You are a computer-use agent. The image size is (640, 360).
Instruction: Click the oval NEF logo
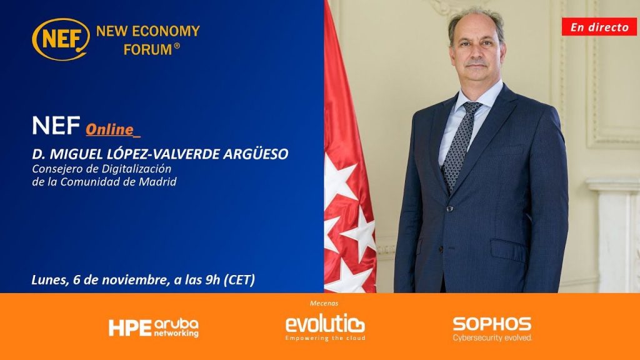click(x=61, y=39)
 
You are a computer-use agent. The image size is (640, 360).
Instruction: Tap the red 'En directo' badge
click(x=599, y=27)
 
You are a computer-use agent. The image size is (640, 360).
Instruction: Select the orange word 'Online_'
click(x=113, y=130)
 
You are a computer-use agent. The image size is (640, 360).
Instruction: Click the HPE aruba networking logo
click(x=154, y=327)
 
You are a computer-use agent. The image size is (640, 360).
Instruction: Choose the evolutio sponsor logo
click(x=325, y=326)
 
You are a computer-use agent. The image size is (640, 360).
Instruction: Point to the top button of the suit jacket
click(x=449, y=209)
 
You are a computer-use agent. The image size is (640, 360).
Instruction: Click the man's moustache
click(x=476, y=62)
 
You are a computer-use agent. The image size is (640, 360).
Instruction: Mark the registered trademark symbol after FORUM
click(x=177, y=46)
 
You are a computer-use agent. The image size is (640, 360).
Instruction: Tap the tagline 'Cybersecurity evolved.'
click(x=492, y=337)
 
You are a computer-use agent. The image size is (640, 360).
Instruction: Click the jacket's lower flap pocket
click(x=509, y=249)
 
